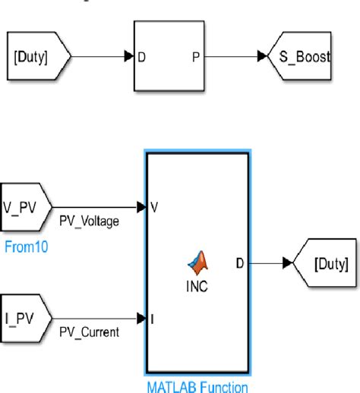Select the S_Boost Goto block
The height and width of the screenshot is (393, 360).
click(x=301, y=56)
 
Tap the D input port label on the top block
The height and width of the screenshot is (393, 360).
click(x=142, y=56)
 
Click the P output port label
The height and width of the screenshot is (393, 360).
click(x=196, y=56)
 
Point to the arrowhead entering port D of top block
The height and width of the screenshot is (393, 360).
click(x=129, y=56)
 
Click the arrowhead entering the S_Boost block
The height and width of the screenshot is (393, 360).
click(x=262, y=56)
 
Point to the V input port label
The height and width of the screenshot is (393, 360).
click(x=153, y=206)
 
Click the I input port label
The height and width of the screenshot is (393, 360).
click(x=153, y=319)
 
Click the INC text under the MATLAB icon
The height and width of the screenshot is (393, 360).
click(x=197, y=289)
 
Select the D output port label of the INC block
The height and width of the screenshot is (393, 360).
click(x=240, y=263)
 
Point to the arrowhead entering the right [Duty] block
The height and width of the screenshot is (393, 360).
click(x=286, y=263)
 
